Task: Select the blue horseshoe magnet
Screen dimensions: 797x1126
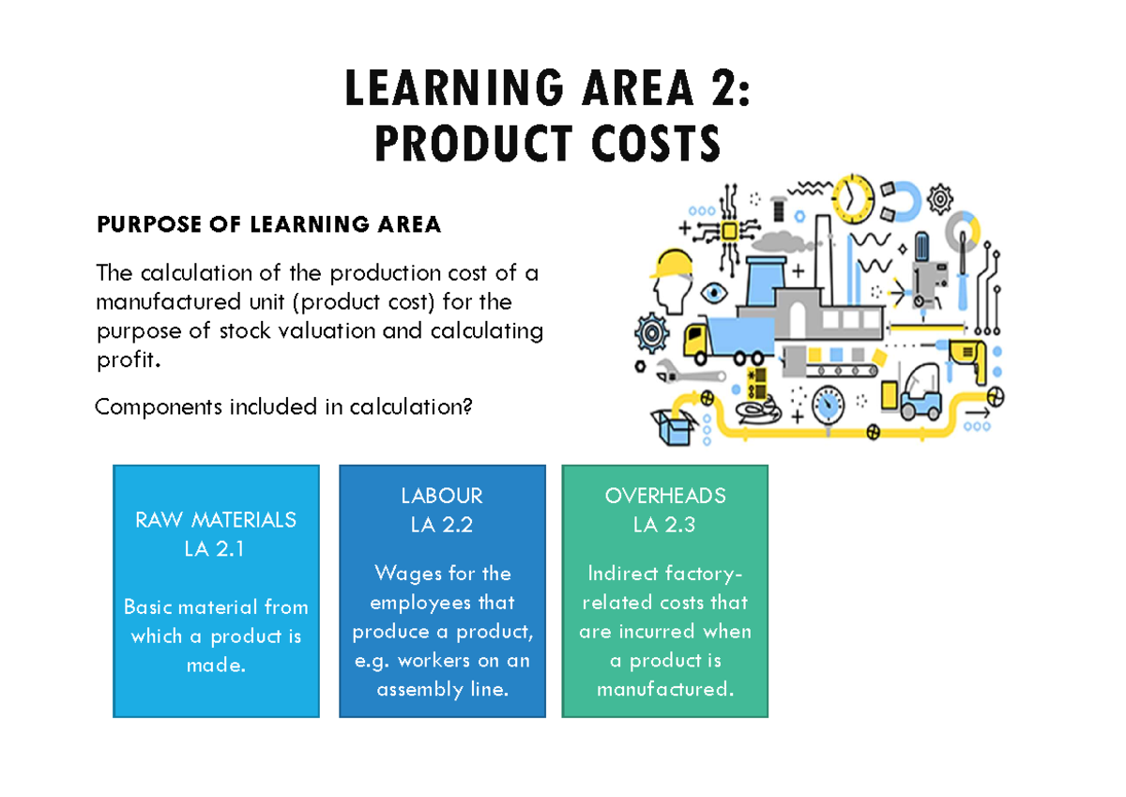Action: pyautogui.click(x=904, y=199)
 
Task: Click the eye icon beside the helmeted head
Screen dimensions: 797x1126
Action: pyautogui.click(x=715, y=292)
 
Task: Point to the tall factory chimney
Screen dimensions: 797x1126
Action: pyautogui.click(x=823, y=253)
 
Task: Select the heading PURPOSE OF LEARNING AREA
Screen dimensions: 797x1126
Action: pyautogui.click(x=268, y=224)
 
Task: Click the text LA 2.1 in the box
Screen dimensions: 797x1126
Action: pyautogui.click(x=215, y=549)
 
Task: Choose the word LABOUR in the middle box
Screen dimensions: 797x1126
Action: pyautogui.click(x=441, y=495)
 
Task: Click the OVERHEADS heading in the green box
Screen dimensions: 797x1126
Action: pyautogui.click(x=664, y=495)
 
